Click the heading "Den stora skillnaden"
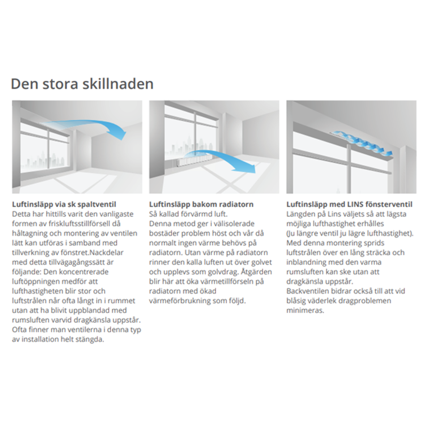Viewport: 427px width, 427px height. (82, 84)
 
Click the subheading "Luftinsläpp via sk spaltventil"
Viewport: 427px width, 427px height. (64, 204)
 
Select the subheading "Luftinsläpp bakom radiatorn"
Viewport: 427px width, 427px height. (201, 204)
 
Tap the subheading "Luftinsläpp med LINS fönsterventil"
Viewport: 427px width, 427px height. (350, 204)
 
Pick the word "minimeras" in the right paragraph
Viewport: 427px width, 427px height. (305, 311)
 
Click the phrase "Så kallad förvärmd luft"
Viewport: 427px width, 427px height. (188, 214)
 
